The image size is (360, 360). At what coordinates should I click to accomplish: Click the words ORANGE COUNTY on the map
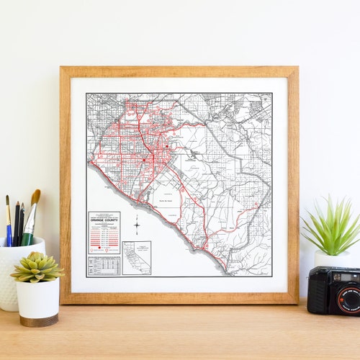coord(104,219)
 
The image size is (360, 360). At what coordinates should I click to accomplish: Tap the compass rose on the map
coord(136,225)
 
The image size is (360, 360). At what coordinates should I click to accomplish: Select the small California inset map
coord(136,258)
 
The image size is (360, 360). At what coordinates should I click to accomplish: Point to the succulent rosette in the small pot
coord(36,267)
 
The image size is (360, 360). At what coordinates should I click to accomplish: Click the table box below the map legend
coord(104,266)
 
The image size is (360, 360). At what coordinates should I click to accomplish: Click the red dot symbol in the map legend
coord(99,248)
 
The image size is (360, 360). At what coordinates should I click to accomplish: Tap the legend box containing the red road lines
coord(104,233)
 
